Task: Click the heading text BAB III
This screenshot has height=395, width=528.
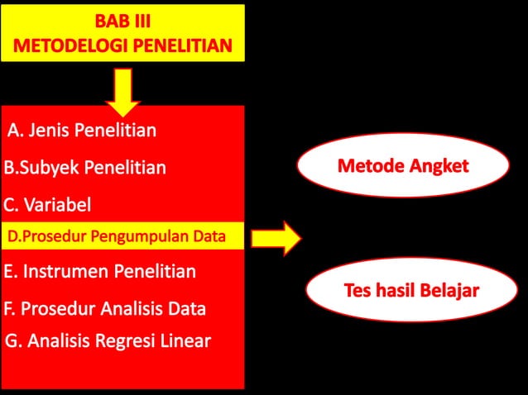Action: (122, 21)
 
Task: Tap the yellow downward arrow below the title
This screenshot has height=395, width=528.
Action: (122, 91)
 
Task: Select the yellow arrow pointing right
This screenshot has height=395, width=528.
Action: (276, 238)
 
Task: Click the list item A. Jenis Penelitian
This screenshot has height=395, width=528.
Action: (82, 130)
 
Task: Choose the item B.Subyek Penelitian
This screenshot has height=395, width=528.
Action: (84, 168)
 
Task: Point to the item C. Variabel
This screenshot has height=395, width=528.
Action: (47, 204)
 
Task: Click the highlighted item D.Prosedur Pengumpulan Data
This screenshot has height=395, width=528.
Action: (116, 236)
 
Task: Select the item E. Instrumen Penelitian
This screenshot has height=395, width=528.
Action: (99, 271)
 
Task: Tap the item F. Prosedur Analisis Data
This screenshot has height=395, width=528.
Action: (104, 309)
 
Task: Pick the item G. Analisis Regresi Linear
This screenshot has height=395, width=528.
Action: (108, 340)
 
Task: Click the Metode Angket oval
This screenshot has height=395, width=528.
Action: (402, 166)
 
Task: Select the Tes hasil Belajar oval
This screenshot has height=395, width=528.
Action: (411, 291)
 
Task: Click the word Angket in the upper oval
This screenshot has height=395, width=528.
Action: (438, 166)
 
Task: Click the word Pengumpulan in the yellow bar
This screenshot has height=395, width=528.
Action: (129, 236)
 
